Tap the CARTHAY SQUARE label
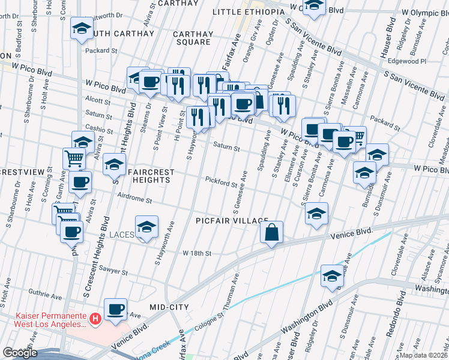coord(192,38)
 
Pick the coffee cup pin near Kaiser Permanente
coord(116,310)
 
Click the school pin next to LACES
coord(146,227)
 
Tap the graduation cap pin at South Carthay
coord(82,28)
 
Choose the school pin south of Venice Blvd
coord(332,276)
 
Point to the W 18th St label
coord(197,254)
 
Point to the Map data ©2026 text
coord(424,355)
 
